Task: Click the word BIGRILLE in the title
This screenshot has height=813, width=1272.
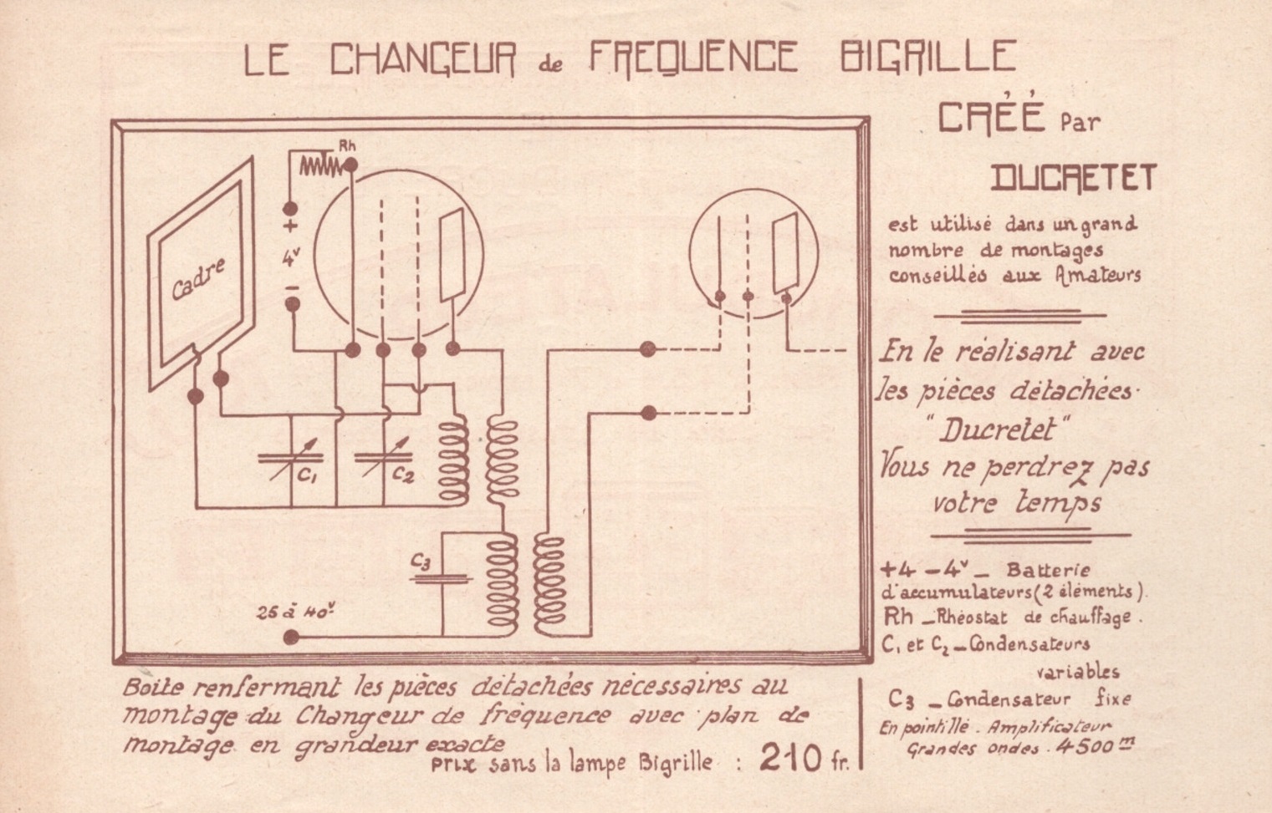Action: (927, 58)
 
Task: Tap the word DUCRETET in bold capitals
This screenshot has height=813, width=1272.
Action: (1074, 178)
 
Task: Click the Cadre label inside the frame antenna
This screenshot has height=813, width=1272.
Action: (197, 280)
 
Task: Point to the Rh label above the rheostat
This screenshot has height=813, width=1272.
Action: (348, 145)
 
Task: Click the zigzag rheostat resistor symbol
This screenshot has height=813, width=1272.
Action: (320, 166)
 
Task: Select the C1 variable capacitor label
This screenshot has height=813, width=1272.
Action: (307, 477)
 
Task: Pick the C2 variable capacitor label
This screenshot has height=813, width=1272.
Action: (403, 475)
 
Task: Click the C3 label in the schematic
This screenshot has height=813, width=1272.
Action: (421, 561)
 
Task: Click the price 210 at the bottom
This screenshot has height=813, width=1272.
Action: (789, 758)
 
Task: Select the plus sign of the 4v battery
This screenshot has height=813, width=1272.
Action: (291, 226)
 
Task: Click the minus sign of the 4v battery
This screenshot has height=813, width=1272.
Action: (292, 288)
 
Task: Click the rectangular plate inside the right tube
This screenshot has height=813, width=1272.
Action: (784, 252)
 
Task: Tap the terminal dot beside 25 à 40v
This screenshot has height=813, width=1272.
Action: (291, 638)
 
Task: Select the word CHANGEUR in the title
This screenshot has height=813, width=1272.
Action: (423, 58)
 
